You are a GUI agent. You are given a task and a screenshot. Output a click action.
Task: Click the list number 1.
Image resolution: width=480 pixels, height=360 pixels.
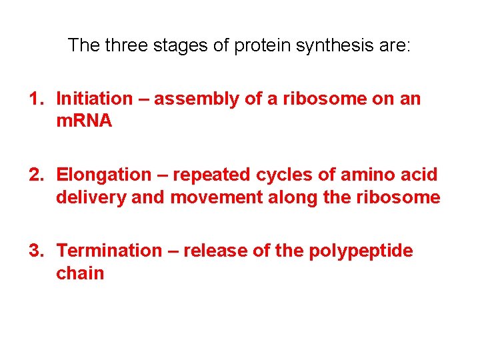point(35,99)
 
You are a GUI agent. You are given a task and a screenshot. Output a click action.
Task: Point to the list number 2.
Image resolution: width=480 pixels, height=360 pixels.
point(35,175)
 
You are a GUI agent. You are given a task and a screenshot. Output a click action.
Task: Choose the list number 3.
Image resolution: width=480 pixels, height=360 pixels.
point(35,251)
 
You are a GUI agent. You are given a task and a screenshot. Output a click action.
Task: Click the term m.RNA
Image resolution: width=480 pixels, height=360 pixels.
point(84,121)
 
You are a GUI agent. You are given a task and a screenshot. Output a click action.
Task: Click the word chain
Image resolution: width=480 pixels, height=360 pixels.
point(80,273)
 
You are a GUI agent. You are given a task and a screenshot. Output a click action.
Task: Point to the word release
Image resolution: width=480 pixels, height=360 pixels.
point(213,251)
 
